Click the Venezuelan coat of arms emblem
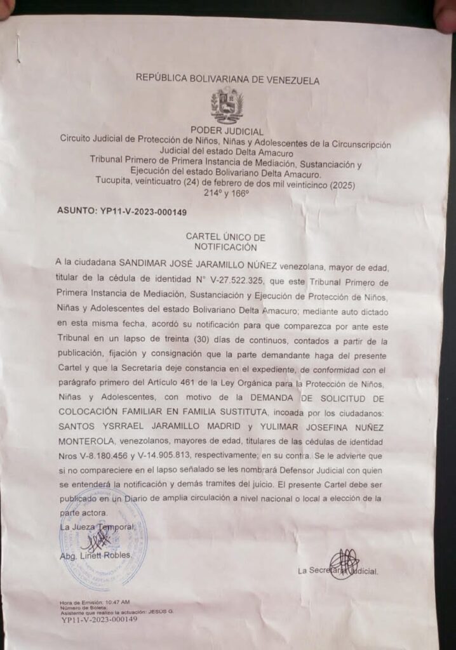pyautogui.click(x=227, y=105)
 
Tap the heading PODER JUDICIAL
pyautogui.click(x=227, y=131)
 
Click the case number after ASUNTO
pyautogui.click(x=152, y=211)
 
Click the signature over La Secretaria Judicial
pyautogui.click(x=344, y=564)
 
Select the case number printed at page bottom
pyautogui.click(x=99, y=620)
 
